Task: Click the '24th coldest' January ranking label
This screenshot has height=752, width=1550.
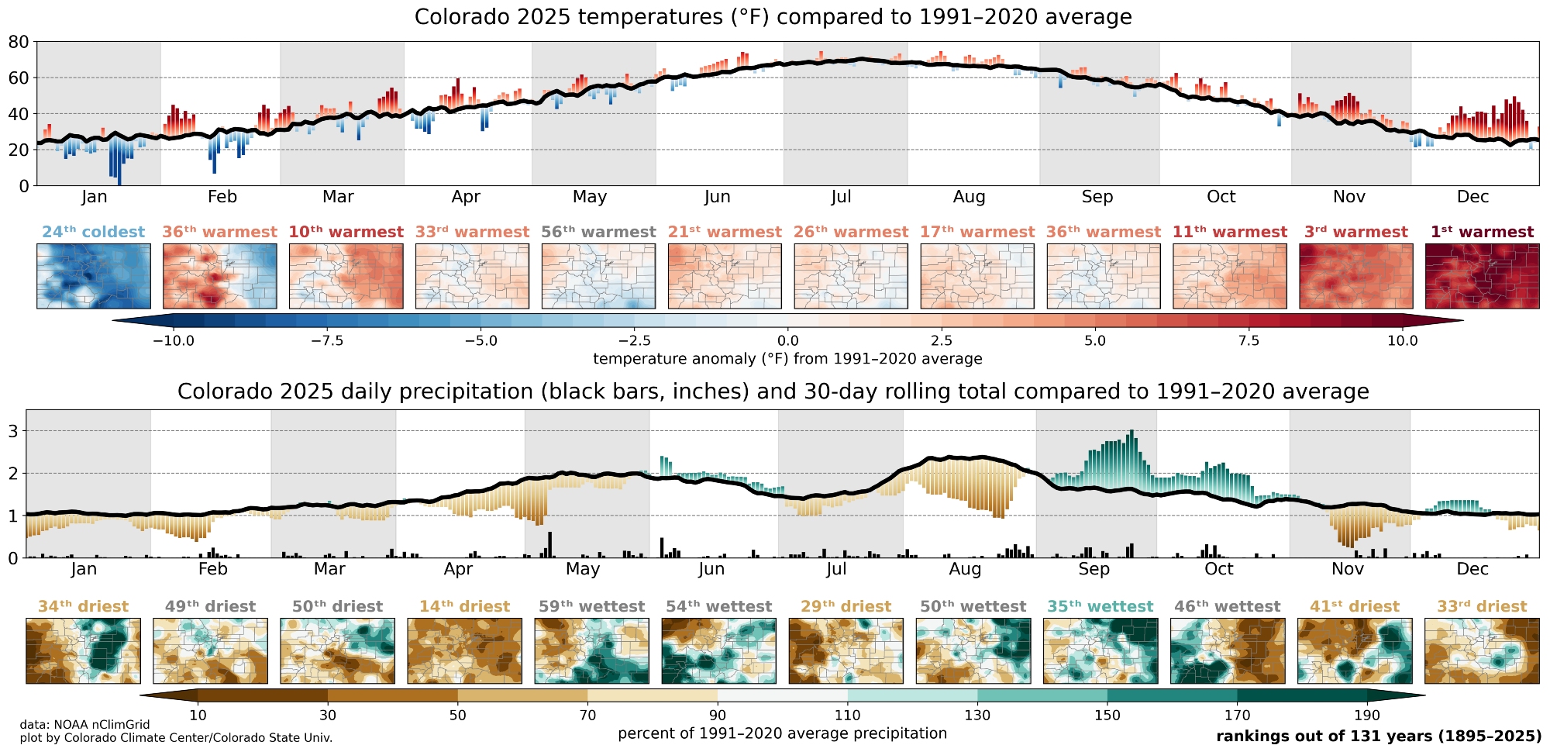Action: (93, 232)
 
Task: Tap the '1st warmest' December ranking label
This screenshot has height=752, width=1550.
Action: (1482, 232)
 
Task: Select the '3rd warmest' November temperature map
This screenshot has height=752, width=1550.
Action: (1355, 276)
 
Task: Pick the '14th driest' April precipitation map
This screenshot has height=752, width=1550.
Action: (464, 650)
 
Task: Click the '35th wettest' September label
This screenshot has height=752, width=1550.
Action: (1100, 606)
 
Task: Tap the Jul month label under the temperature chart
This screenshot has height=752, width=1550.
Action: (841, 197)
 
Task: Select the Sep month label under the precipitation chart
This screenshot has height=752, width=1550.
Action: (1094, 569)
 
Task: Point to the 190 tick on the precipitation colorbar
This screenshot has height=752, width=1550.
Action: (1367, 715)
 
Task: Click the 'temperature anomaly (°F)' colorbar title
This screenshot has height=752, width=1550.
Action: (787, 359)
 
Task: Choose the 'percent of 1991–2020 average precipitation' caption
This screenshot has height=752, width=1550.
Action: (782, 733)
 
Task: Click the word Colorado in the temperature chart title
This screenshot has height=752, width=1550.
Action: (458, 17)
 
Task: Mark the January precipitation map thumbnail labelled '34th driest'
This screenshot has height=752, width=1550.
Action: (83, 650)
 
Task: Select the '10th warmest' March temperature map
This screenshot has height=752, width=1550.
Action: (346, 276)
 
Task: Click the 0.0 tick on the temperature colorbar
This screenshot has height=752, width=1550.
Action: (787, 340)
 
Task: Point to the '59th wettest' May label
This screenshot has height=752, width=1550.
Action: (591, 606)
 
